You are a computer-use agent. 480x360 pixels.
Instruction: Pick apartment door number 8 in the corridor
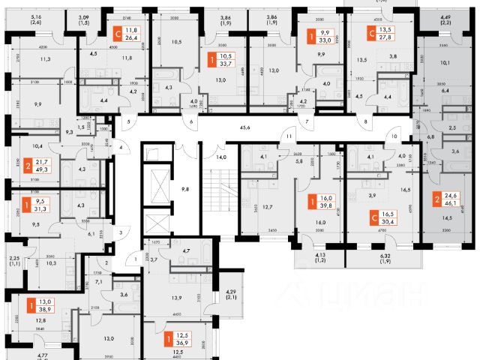[365, 121]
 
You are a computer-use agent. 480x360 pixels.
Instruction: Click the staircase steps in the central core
[219, 190]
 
